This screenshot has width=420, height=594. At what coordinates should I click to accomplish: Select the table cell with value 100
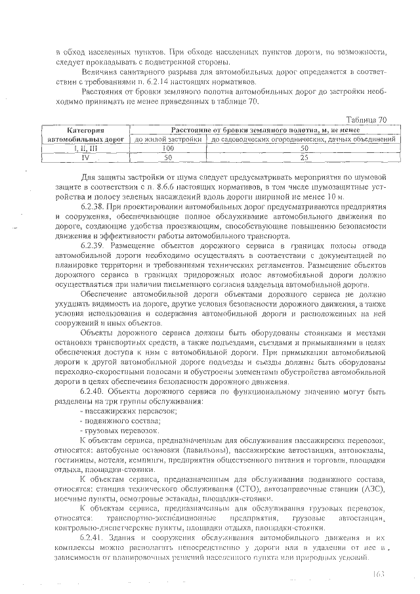tap(167, 149)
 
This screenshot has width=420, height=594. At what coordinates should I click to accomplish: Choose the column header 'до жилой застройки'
tap(167, 140)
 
